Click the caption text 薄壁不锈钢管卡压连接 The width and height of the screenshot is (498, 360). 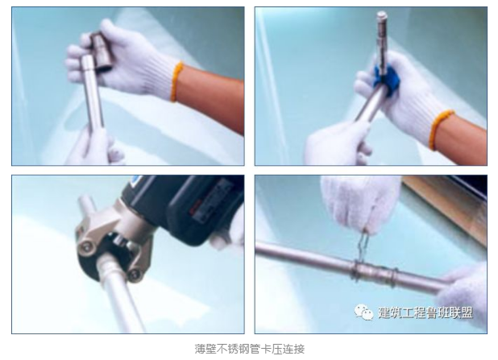pyautogui.click(x=250, y=349)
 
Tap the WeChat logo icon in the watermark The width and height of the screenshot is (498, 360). pyautogui.click(x=363, y=312)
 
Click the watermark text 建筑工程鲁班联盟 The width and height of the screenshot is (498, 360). pyautogui.click(x=425, y=312)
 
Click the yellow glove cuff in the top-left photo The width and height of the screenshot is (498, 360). pyautogui.click(x=176, y=81)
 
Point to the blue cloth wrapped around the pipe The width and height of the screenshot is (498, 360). pyautogui.click(x=385, y=76)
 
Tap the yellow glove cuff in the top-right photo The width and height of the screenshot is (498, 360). pyautogui.click(x=438, y=130)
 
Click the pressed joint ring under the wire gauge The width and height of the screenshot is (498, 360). pyautogui.click(x=358, y=270)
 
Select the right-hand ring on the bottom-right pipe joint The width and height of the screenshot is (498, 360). pyautogui.click(x=394, y=278)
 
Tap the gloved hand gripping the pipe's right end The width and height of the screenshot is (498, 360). pyautogui.click(x=463, y=296)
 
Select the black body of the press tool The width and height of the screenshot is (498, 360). pyautogui.click(x=188, y=206)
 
